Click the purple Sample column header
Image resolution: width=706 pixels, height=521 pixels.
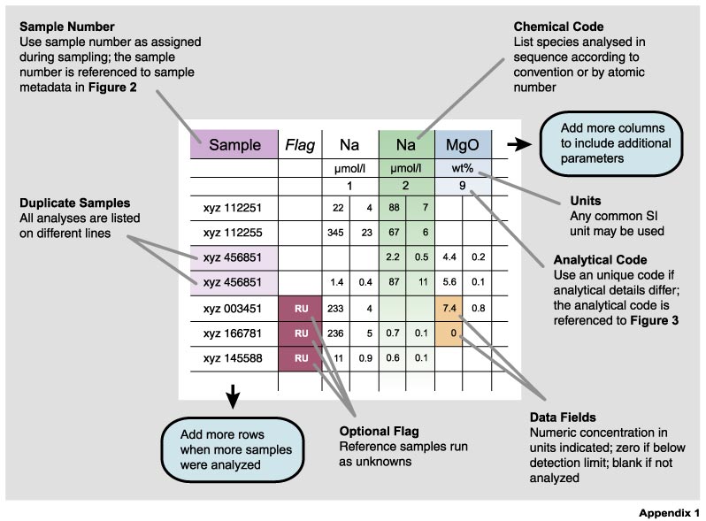point(234,144)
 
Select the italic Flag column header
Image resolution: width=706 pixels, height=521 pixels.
point(300,145)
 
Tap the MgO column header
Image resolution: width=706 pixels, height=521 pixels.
point(463,144)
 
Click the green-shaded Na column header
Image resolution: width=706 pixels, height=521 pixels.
point(406,144)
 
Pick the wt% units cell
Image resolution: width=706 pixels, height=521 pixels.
point(463,168)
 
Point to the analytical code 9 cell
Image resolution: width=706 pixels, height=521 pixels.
point(463,186)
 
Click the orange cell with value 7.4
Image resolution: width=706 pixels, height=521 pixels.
point(449,309)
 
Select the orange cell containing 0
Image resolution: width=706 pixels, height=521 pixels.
point(449,333)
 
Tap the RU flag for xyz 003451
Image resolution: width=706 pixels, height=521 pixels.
point(300,309)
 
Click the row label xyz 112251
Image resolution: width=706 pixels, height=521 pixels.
point(232,208)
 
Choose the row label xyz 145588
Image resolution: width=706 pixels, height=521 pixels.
point(232,358)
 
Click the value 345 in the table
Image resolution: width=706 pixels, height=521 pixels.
point(335,233)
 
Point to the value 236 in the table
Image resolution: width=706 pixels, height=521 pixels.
point(335,333)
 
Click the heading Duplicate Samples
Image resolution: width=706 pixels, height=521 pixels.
point(74,203)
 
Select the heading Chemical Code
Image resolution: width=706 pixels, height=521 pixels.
point(558,27)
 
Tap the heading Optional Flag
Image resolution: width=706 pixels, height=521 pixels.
point(380,432)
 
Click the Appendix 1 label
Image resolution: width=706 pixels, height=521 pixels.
point(669,513)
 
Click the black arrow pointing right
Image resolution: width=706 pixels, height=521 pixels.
point(519,144)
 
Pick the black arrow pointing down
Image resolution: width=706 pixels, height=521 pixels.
point(233,396)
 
